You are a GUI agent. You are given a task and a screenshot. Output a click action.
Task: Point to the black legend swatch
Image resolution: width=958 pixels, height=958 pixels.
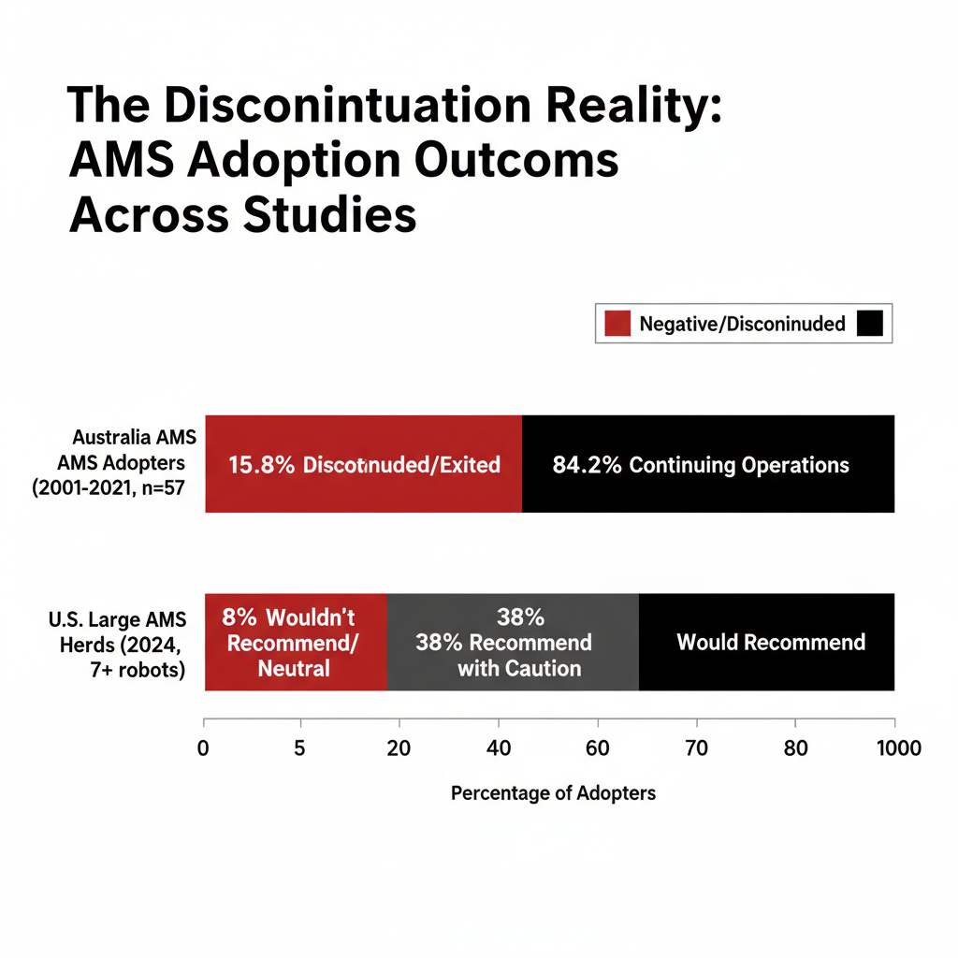click(x=869, y=324)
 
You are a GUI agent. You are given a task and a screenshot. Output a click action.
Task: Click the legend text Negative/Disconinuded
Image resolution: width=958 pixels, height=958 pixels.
click(x=742, y=324)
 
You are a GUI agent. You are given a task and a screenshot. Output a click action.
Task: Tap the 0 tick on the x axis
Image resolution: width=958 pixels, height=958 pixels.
click(x=203, y=748)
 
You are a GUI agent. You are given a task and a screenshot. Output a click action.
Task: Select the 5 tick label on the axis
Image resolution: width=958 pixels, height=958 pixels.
click(x=300, y=748)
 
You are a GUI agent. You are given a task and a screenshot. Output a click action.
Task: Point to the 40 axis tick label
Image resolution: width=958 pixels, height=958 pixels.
click(x=498, y=748)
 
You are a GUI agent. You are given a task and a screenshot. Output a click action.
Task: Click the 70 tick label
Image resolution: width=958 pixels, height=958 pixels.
click(x=696, y=748)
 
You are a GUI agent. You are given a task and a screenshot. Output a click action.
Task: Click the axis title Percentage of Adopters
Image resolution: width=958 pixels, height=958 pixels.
click(x=553, y=793)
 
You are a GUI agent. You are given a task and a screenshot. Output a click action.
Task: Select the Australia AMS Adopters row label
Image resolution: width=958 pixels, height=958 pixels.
click(x=132, y=463)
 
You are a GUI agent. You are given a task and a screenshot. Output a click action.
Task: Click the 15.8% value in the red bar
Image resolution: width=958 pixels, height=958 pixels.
click(x=261, y=465)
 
